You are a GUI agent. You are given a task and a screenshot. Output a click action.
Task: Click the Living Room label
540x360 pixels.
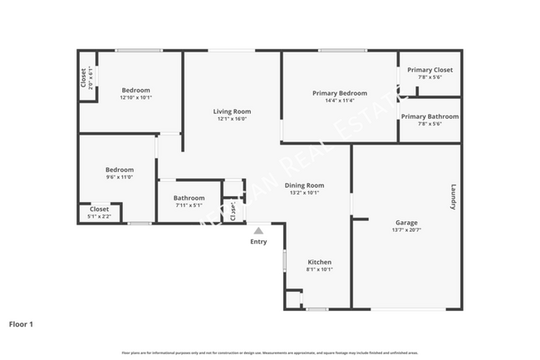coord(233,111)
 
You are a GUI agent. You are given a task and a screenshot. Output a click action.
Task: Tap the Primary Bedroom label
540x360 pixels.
coord(340,93)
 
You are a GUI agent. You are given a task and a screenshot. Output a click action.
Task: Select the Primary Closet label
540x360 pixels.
coord(430,70)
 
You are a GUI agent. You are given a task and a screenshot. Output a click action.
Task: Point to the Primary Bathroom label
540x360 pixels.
coord(430,116)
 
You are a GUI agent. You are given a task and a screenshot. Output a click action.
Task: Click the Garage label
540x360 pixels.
coord(406,223)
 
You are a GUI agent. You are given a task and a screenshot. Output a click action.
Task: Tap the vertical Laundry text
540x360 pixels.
coord(454,197)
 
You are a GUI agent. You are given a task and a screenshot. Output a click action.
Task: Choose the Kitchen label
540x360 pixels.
coord(320,262)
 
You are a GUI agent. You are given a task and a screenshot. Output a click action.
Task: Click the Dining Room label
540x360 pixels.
coord(304,185)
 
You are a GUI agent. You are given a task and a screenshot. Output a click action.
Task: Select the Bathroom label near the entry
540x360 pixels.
coord(189,198)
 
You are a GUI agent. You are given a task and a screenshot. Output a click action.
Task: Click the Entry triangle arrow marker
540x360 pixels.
coord(258,230)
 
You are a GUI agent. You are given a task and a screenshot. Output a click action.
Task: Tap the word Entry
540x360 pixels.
coord(258,242)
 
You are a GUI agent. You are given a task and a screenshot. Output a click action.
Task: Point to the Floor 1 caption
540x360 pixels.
coord(21,324)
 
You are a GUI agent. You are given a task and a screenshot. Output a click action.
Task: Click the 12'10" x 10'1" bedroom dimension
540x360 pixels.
coord(136,97)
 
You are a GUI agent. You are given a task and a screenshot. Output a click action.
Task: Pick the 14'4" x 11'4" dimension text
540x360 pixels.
coord(340,101)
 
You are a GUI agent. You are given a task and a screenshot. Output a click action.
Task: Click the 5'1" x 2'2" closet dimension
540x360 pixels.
coord(99,216)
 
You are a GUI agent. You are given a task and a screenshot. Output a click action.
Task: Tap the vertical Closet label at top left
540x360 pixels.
coord(84,77)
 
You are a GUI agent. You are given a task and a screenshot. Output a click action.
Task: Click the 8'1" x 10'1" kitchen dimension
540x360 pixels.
coord(320,269)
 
